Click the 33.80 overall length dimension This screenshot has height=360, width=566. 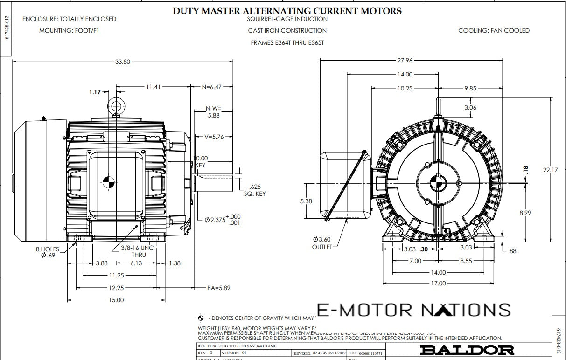[123, 62]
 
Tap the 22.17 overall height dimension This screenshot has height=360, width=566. [550, 170]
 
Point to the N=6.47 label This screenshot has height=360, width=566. [211, 87]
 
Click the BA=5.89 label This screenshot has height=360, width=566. [219, 288]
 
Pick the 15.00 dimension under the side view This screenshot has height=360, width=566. [116, 300]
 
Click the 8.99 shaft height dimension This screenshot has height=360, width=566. [525, 213]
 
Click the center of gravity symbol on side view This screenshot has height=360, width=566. [107, 183]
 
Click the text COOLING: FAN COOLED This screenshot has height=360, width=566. [494, 31]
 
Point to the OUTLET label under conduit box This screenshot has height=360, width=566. [321, 247]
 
